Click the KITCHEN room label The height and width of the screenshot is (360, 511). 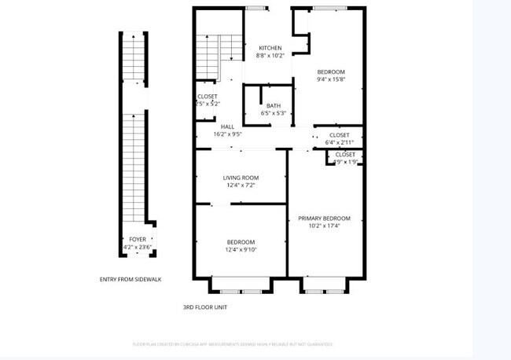pyautogui.click(x=270, y=48)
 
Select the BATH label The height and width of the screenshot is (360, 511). pyautogui.click(x=273, y=105)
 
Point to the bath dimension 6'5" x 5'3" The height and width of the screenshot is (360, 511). pyautogui.click(x=273, y=113)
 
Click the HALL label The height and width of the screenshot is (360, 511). pyautogui.click(x=227, y=127)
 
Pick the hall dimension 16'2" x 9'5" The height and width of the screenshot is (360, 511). pyautogui.click(x=227, y=134)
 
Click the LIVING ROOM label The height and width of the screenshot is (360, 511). pyautogui.click(x=241, y=178)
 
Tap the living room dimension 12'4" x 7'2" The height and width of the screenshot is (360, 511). pyautogui.click(x=241, y=186)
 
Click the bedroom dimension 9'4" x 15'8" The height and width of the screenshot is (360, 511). pyautogui.click(x=331, y=79)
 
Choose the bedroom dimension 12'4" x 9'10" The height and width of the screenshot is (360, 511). pyautogui.click(x=241, y=249)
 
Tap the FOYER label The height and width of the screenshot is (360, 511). pyautogui.click(x=138, y=240)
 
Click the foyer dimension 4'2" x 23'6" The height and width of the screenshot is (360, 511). pyautogui.click(x=138, y=248)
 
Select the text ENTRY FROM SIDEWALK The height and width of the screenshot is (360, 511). pyautogui.click(x=131, y=279)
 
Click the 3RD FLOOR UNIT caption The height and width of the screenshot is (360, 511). pyautogui.click(x=205, y=307)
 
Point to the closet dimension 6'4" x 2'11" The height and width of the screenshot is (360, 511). pyautogui.click(x=339, y=142)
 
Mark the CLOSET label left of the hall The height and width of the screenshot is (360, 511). pyautogui.click(x=208, y=96)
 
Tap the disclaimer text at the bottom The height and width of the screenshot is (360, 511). pyautogui.click(x=233, y=343)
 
